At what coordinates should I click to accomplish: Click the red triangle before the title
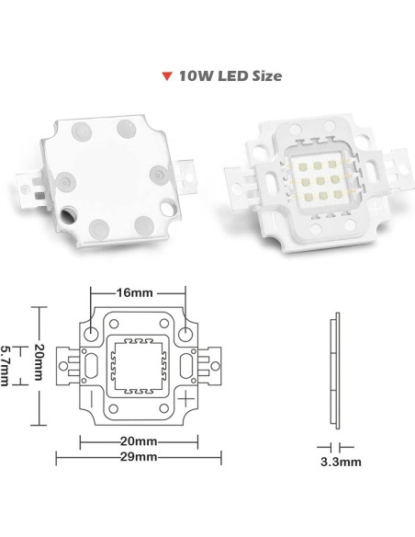(x=165, y=77)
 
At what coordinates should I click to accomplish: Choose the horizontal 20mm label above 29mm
(x=136, y=440)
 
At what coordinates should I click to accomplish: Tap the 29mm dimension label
(x=136, y=456)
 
